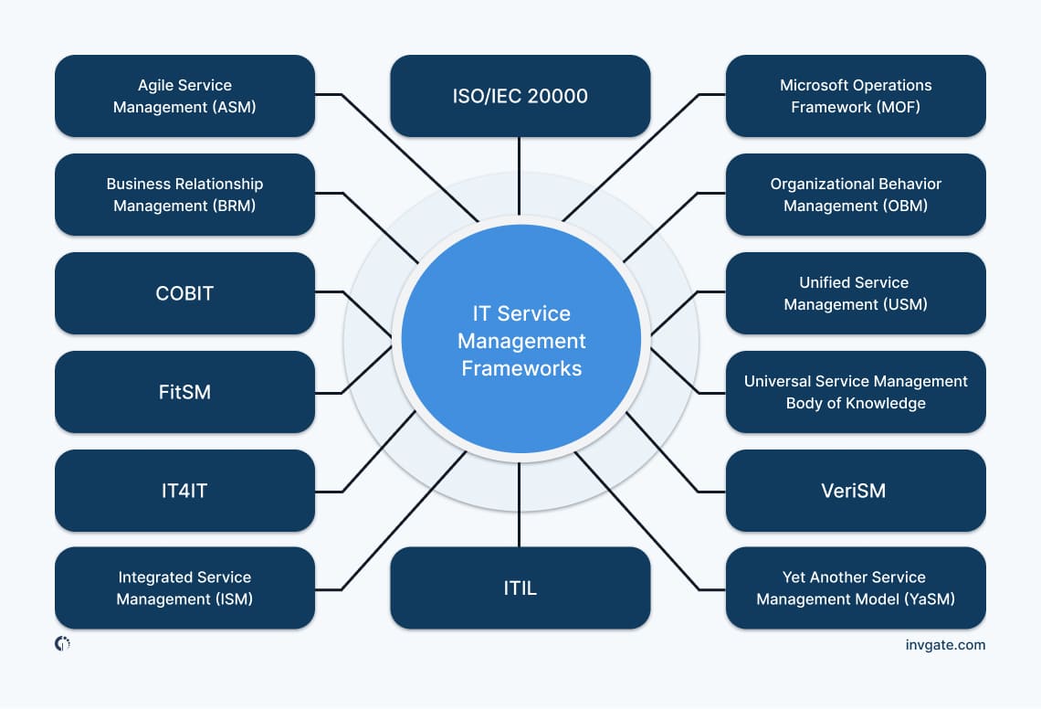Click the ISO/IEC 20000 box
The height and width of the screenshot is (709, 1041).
(x=520, y=96)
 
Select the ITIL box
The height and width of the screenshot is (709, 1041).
(x=520, y=587)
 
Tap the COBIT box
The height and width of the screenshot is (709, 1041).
(x=184, y=293)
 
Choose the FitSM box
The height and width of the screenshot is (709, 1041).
(x=184, y=392)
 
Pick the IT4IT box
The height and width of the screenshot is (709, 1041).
(x=184, y=491)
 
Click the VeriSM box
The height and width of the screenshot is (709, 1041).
(x=856, y=491)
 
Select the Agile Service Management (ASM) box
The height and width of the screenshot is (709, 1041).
(x=184, y=96)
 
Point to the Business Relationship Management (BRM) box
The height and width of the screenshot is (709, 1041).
(x=184, y=195)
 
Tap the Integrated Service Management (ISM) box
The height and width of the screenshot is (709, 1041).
(x=184, y=587)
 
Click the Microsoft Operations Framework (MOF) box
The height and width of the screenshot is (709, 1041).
(x=856, y=96)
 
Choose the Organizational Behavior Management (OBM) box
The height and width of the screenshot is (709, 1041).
(x=856, y=195)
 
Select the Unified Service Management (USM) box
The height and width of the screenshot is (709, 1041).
(x=856, y=293)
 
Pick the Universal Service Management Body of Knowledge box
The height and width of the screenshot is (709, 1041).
(x=856, y=392)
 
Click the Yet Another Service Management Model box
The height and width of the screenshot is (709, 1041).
(x=856, y=587)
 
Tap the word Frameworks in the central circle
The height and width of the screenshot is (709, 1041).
(x=521, y=369)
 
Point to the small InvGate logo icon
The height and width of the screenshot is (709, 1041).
(x=62, y=644)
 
